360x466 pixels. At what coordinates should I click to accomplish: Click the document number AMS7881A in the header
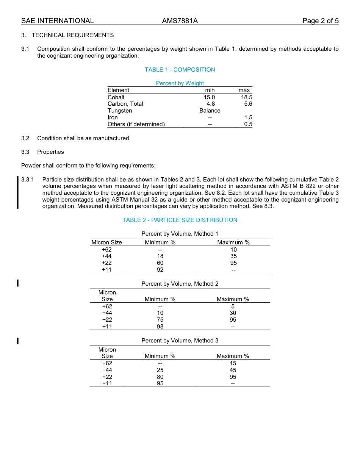pos(180,21)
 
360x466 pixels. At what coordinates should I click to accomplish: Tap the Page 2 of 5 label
pos(320,21)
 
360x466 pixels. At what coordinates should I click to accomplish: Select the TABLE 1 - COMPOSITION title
pos(180,70)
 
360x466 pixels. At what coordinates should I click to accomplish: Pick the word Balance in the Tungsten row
pos(210,111)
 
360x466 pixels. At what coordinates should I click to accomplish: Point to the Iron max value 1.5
pos(248,117)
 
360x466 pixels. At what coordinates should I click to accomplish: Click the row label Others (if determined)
pos(136,124)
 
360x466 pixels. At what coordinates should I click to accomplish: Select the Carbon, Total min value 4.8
pos(211,104)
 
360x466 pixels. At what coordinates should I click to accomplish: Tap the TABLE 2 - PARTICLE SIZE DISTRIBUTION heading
pos(180,220)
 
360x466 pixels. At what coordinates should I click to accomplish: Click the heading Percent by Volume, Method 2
pos(180,284)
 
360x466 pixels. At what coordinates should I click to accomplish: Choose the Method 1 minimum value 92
pos(160,270)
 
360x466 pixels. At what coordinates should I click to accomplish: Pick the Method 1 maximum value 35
pos(233,256)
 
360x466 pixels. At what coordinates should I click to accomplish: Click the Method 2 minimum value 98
pos(160,327)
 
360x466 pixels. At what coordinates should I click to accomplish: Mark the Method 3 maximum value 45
pos(233,370)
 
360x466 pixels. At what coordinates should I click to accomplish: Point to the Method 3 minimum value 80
pos(160,377)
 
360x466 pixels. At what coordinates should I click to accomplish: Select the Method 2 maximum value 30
pos(233,313)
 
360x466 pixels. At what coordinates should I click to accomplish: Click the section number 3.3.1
pos(28,179)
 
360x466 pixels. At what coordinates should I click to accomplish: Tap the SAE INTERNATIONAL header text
pos(57,21)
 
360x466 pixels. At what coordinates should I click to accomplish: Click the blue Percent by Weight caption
pos(180,83)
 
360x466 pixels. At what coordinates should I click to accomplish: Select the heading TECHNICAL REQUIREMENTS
pos(72,35)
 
